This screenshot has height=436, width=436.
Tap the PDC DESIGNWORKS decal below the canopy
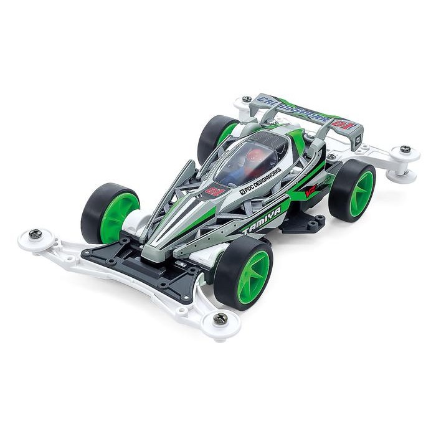click(x=260, y=177)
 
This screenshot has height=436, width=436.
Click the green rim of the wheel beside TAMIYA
click(x=255, y=273)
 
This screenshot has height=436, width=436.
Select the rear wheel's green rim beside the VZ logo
click(x=361, y=193)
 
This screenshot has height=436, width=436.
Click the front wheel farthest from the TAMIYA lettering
click(x=111, y=212)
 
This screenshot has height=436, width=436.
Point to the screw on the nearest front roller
click(x=220, y=318)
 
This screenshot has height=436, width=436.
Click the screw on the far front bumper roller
click(x=36, y=234)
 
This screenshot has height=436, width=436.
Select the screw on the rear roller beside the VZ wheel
click(x=405, y=149)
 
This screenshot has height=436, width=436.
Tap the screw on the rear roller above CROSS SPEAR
click(x=247, y=98)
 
